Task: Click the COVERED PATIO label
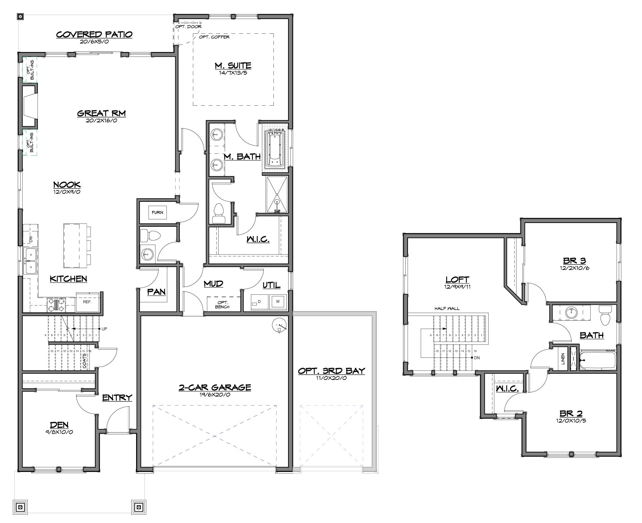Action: click(x=94, y=34)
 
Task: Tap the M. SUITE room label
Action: click(x=233, y=65)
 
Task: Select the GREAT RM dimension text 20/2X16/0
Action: click(x=101, y=121)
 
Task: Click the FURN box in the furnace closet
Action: click(x=158, y=213)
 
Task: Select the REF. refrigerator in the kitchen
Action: click(x=87, y=302)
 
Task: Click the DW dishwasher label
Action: click(x=31, y=239)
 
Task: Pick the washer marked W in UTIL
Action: click(x=278, y=301)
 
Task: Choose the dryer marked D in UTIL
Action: click(x=259, y=302)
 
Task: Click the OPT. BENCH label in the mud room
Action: click(x=222, y=305)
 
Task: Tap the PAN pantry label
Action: click(x=157, y=292)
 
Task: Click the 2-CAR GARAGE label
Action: click(x=215, y=388)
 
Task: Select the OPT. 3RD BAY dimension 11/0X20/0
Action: click(x=332, y=378)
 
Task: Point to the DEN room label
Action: click(x=59, y=425)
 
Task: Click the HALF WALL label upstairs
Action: click(x=447, y=309)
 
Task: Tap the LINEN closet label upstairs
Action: click(x=563, y=359)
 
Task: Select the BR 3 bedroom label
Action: click(x=575, y=261)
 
